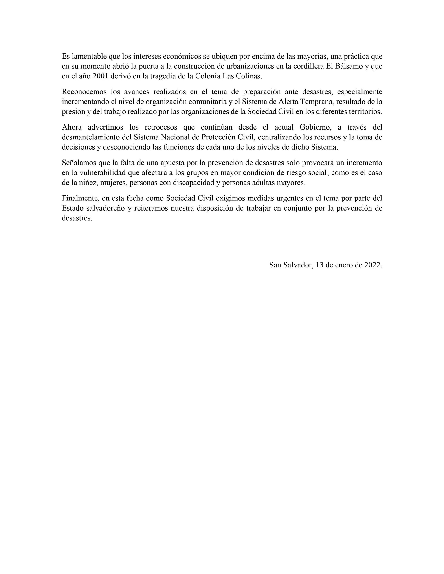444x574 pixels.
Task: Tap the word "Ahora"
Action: click(72, 127)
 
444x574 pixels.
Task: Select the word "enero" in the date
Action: click(345, 265)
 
